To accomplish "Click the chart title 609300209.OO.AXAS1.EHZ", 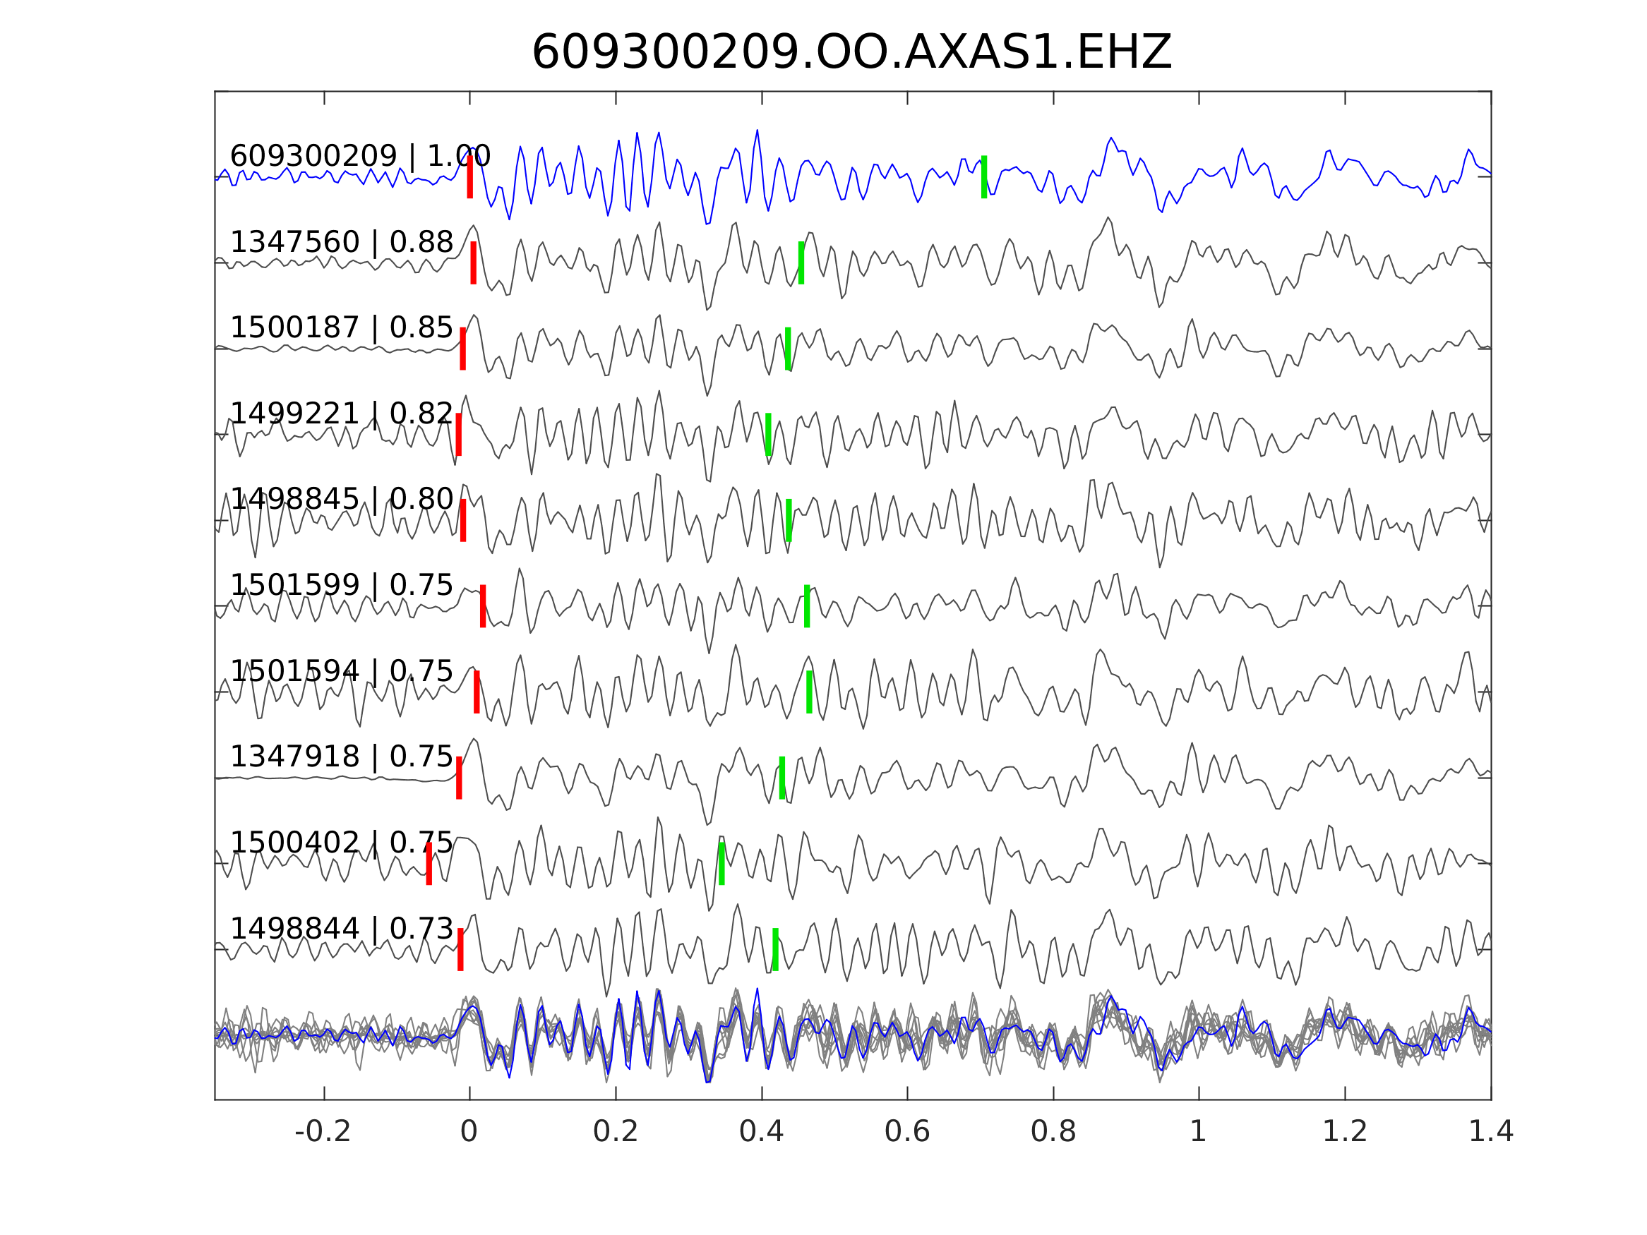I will click(851, 53).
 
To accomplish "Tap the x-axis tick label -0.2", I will click(323, 1132).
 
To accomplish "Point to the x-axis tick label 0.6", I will click(907, 1132).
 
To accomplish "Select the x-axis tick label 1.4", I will click(1490, 1132).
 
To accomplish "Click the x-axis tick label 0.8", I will click(1053, 1132).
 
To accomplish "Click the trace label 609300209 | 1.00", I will click(359, 157).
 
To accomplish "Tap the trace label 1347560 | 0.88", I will click(341, 242).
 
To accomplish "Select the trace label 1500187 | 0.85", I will click(341, 327).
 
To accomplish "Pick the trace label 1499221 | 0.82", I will click(341, 413).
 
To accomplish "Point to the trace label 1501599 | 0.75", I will click(341, 585).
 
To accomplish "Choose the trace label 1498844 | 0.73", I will click(341, 929).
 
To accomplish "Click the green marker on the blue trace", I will click(983, 177).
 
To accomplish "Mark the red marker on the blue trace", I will click(470, 177).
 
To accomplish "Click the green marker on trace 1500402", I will click(721, 864).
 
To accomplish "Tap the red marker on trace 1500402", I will click(429, 864).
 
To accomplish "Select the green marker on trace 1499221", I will click(768, 434).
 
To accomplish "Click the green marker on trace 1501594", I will click(809, 692).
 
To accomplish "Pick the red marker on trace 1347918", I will click(460, 778).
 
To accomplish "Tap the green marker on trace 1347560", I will click(801, 263).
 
